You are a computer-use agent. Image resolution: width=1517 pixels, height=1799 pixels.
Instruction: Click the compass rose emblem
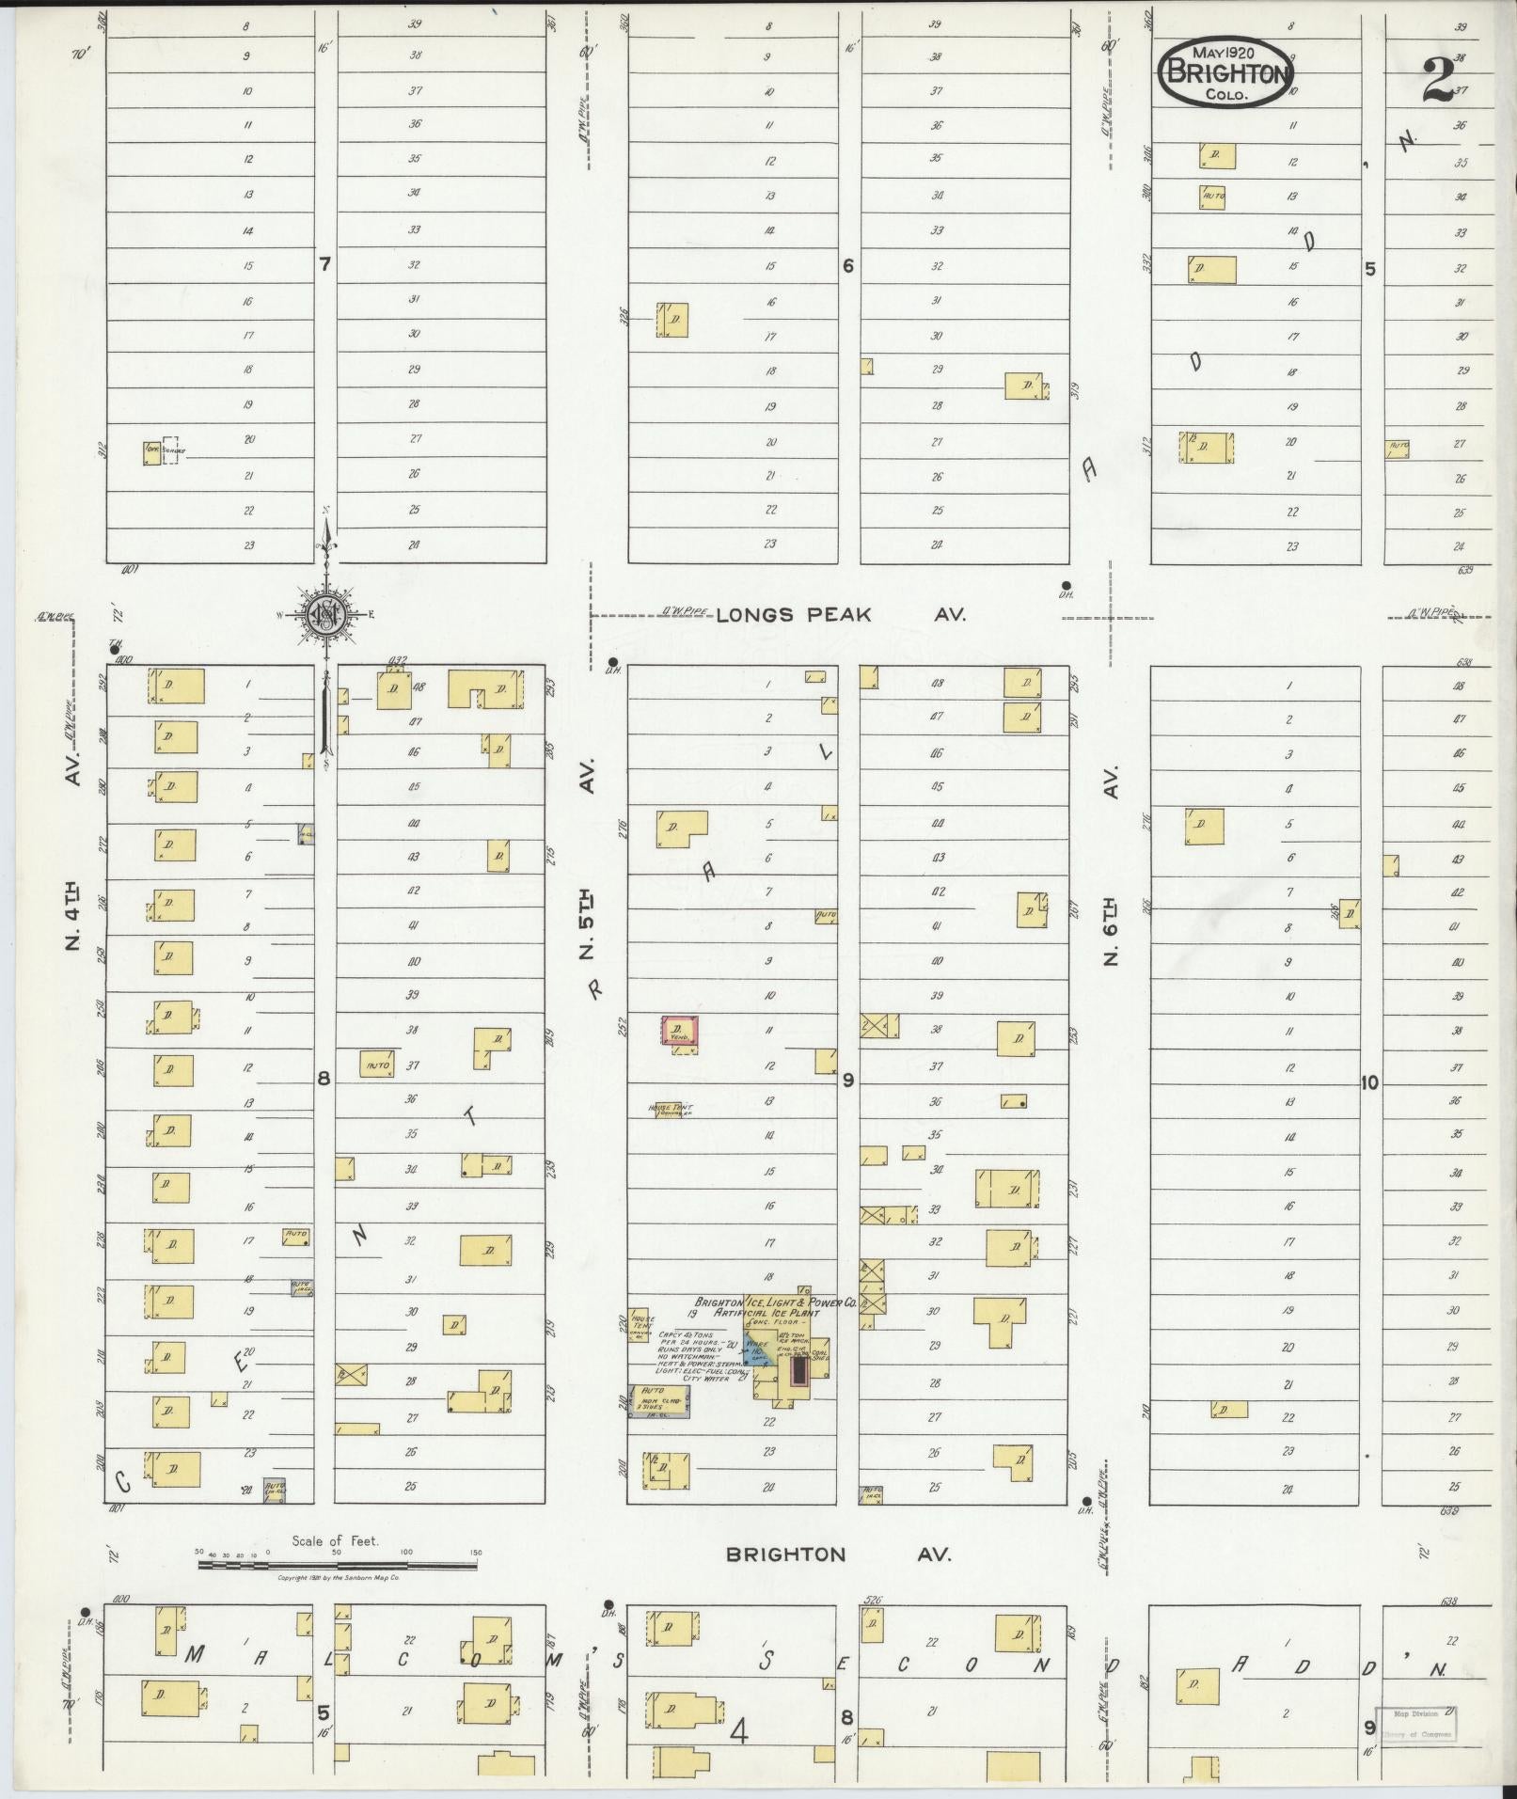326,616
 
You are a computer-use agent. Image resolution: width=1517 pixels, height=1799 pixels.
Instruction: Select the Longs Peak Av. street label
841,615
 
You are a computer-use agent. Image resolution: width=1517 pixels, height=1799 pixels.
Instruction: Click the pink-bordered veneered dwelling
680,1030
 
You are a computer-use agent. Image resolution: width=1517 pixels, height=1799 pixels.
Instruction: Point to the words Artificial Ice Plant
766,1313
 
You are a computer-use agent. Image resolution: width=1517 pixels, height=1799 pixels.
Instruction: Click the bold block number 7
324,265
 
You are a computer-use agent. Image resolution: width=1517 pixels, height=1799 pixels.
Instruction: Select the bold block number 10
1368,1082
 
